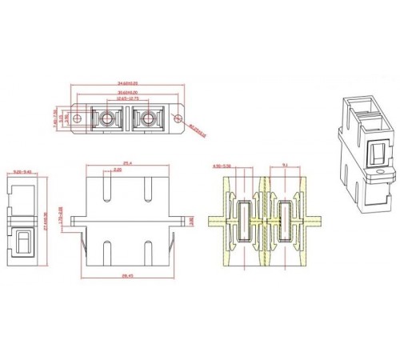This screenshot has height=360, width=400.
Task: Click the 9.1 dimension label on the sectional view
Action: click(x=286, y=166)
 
